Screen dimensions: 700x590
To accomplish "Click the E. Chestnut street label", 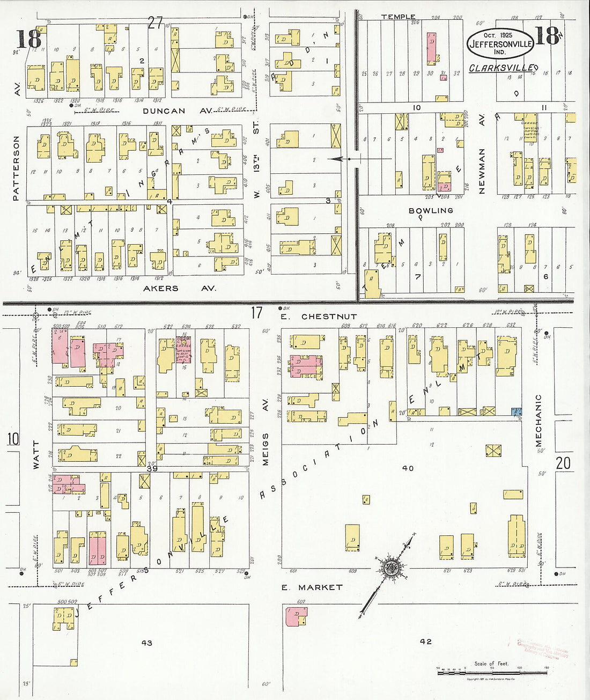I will [x=319, y=316].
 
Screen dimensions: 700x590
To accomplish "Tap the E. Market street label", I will [x=312, y=587].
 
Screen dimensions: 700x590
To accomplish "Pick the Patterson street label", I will [x=16, y=168].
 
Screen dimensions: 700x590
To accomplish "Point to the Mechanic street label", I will [x=539, y=421].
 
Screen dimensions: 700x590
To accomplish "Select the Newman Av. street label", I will [x=482, y=156].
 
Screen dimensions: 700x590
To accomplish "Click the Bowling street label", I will [x=431, y=211].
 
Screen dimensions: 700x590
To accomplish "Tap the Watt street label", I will [x=36, y=455].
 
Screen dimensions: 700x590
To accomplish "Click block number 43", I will [x=146, y=643].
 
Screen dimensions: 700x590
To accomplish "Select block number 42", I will [x=426, y=641].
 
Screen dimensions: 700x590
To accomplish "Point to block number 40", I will [x=408, y=468].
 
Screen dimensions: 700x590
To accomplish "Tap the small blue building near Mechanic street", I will [x=517, y=411].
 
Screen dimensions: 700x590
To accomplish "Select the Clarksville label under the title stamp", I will [x=501, y=68].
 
